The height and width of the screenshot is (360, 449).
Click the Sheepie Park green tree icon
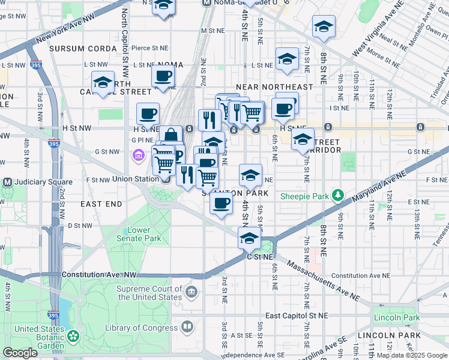pos(338,196)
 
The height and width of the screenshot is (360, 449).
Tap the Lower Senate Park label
pos(144,234)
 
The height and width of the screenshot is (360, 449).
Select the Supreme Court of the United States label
pos(149,293)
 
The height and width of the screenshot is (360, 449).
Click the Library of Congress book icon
pos(188,327)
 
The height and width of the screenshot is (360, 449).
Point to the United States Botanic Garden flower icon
pos(73,336)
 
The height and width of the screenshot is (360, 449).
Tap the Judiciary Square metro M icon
pos(8,182)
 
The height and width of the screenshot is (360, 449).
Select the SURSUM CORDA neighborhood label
pos(83,48)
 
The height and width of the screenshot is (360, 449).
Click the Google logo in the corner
pos(20,353)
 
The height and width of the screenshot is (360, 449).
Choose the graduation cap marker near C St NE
pos(250,238)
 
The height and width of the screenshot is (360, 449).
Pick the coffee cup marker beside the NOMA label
pos(163,76)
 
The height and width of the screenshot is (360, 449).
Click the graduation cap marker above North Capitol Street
pos(103,82)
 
